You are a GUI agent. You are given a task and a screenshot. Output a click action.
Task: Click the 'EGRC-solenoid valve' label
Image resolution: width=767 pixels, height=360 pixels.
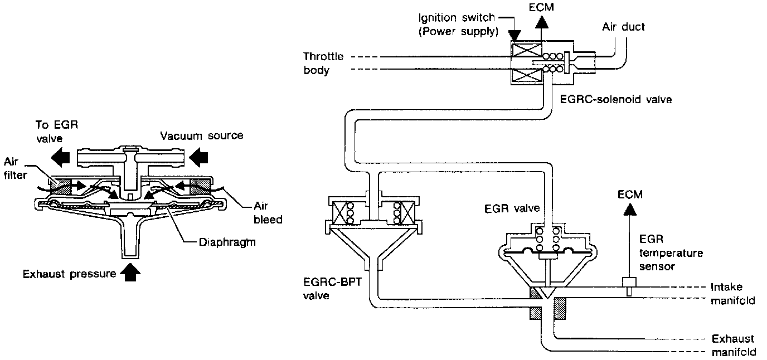(x=615, y=100)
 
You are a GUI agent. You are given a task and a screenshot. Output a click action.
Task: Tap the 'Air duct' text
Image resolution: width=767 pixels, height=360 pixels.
(x=623, y=27)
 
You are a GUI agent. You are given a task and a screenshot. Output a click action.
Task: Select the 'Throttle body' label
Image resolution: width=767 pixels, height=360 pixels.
(x=323, y=64)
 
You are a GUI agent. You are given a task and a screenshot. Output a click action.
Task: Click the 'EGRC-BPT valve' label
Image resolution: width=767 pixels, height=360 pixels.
(x=332, y=289)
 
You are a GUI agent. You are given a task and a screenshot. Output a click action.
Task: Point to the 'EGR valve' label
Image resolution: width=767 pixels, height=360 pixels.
(x=512, y=208)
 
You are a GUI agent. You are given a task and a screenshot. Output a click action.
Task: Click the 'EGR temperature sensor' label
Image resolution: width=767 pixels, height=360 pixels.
(x=671, y=253)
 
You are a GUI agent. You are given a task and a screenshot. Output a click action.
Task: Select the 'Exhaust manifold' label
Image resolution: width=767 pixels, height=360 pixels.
(x=734, y=346)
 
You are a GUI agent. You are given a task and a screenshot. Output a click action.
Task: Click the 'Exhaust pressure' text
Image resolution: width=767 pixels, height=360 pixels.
(x=70, y=274)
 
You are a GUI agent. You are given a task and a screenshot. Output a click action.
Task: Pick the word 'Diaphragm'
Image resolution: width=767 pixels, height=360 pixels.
(x=227, y=242)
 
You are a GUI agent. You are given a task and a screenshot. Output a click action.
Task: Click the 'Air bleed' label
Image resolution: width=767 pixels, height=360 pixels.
(x=268, y=212)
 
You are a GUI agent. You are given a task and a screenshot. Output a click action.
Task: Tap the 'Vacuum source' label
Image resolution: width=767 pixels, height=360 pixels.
(x=202, y=136)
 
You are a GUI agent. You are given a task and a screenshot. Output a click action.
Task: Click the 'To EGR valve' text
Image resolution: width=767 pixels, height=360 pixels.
(x=57, y=132)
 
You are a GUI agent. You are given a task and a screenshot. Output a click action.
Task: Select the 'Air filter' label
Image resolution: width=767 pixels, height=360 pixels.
(x=15, y=168)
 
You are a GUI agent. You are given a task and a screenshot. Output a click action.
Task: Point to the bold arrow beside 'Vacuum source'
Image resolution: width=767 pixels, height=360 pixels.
(x=198, y=158)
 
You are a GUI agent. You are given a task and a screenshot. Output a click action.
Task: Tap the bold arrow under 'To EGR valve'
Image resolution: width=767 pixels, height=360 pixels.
(x=61, y=158)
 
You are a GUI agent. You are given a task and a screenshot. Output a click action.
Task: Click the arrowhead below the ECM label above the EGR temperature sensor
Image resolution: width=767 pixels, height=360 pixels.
(x=630, y=210)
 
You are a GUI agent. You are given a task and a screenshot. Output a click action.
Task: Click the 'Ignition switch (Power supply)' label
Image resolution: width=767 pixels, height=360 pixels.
(x=458, y=25)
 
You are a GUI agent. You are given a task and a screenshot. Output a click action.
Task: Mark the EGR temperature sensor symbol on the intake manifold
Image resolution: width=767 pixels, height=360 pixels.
(x=629, y=286)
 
